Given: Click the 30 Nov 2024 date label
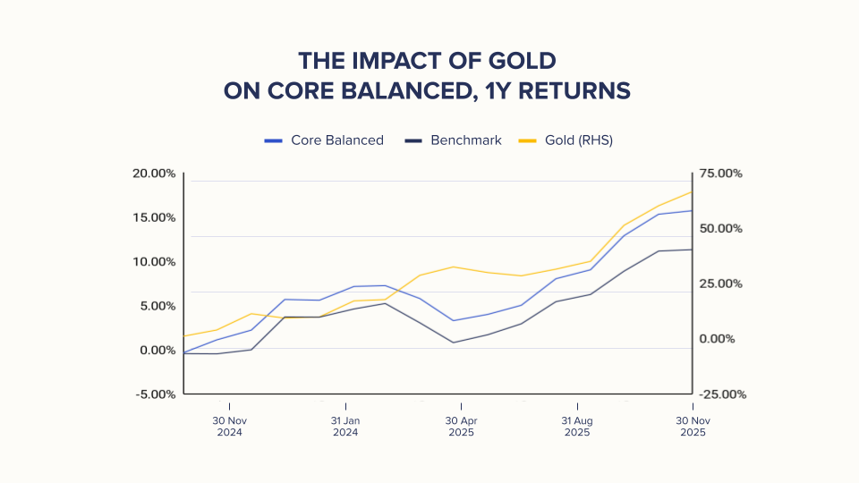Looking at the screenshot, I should [229, 427].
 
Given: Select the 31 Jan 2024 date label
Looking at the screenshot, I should [344, 427].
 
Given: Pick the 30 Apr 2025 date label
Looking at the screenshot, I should [461, 427].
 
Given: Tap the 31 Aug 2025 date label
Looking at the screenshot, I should [577, 427].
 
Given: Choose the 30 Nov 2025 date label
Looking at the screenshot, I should [693, 427].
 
